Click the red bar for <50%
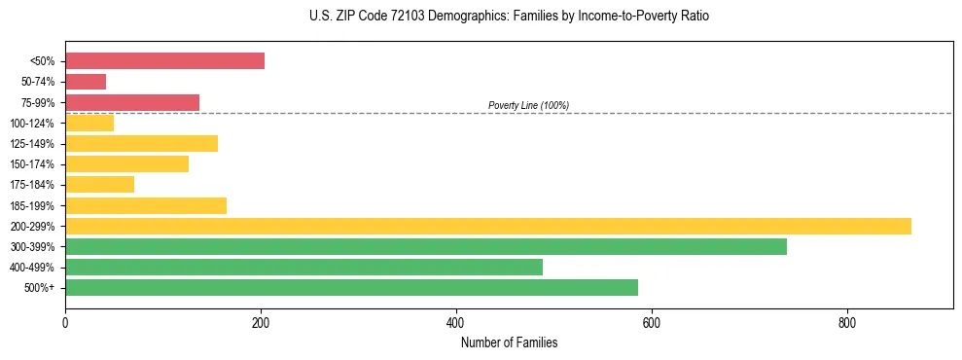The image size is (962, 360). click(x=164, y=61)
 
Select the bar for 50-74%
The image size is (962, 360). click(x=86, y=82)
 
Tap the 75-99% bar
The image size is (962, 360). click(x=132, y=102)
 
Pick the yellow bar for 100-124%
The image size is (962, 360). click(x=89, y=123)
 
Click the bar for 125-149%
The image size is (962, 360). click(x=141, y=144)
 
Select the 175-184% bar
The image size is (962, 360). click(x=99, y=185)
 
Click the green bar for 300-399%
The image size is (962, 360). click(x=426, y=247)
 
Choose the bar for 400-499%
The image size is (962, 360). click(x=303, y=268)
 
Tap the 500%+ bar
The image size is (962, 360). click(x=351, y=288)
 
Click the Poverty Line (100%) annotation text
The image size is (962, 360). click(x=528, y=105)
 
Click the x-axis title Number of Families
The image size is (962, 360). click(x=509, y=342)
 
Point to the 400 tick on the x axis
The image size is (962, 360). click(x=456, y=323)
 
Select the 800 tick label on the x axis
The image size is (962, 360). click(x=846, y=323)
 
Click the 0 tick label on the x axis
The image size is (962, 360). click(x=65, y=323)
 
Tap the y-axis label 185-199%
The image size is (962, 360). click(x=32, y=206)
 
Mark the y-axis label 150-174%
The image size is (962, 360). click(x=32, y=164)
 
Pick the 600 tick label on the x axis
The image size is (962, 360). click(x=651, y=323)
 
